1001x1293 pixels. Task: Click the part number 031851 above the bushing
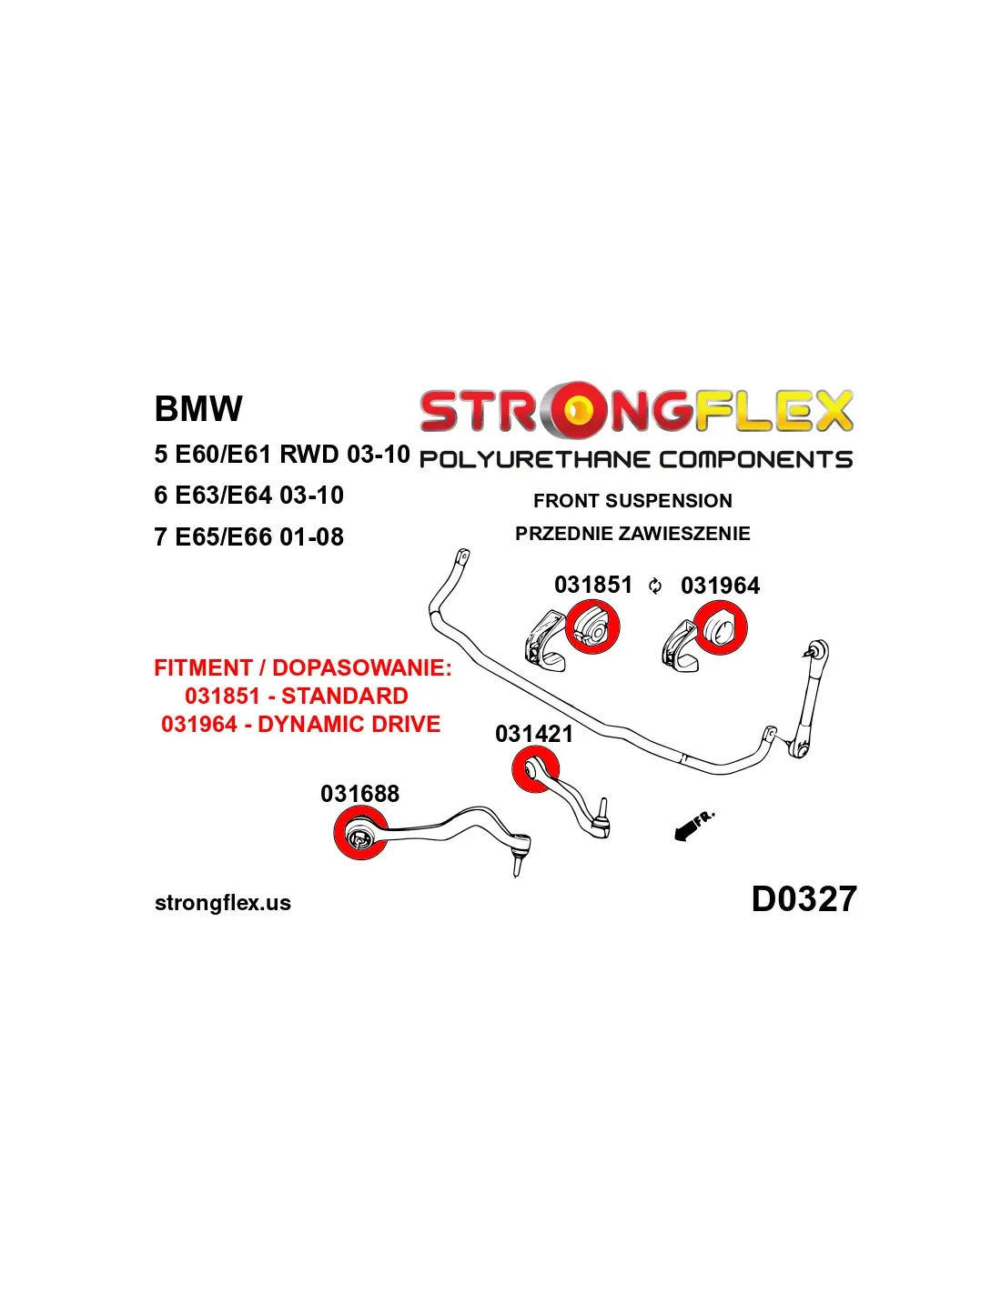click(592, 585)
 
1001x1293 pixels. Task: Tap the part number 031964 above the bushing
click(720, 586)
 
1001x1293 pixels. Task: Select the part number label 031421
click(534, 734)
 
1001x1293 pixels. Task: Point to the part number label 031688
click(359, 794)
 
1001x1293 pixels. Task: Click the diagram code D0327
click(804, 899)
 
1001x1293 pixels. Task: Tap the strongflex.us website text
click(223, 903)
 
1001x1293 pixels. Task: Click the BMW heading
click(198, 409)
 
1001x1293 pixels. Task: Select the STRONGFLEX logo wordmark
click(636, 411)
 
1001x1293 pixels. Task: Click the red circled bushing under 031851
click(592, 627)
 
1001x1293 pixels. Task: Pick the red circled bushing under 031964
click(720, 628)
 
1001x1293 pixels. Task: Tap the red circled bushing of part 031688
click(360, 835)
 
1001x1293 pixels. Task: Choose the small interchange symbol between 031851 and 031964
click(655, 586)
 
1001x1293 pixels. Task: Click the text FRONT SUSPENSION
click(632, 501)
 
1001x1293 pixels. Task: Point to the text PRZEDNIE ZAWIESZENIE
click(632, 534)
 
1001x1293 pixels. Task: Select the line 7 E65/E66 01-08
click(248, 537)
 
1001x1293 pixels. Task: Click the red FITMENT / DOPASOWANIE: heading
click(302, 668)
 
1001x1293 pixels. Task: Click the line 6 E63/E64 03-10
click(248, 496)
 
